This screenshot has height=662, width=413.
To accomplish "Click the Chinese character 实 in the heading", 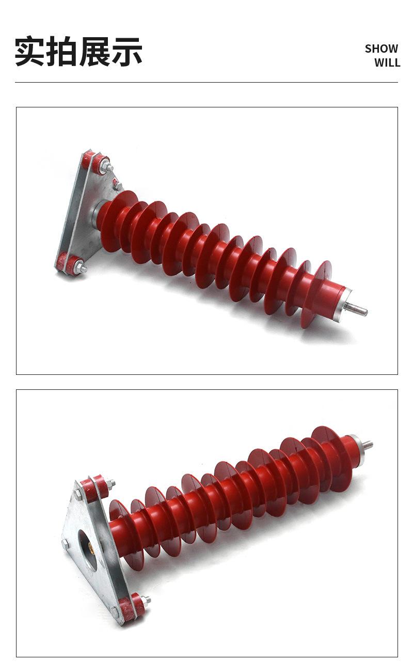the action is [30, 51].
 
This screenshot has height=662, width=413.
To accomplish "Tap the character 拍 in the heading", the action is [62, 51].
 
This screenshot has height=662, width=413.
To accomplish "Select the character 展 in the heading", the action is [94, 51].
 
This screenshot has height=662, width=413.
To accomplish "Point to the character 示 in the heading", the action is [126, 51].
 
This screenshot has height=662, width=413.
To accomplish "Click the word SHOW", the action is [382, 49].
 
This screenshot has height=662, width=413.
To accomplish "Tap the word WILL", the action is [387, 62].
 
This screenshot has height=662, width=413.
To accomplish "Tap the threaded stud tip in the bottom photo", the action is [371, 444].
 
